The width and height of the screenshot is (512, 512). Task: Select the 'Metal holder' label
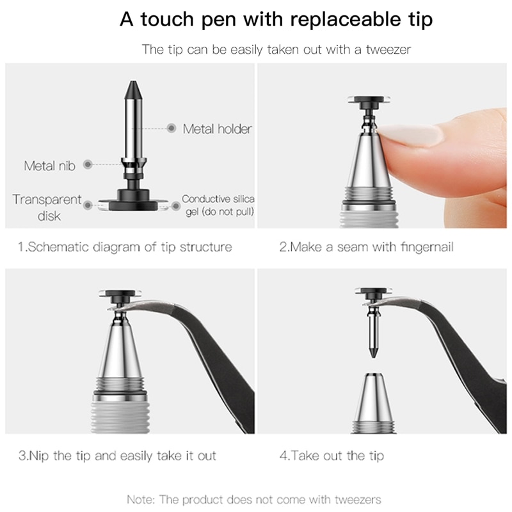217,129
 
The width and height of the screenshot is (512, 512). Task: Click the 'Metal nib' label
49,166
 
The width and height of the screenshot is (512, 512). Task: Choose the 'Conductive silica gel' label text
218,205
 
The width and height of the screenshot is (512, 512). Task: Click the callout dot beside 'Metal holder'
172,129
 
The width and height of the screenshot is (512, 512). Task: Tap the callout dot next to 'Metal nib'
87,164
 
